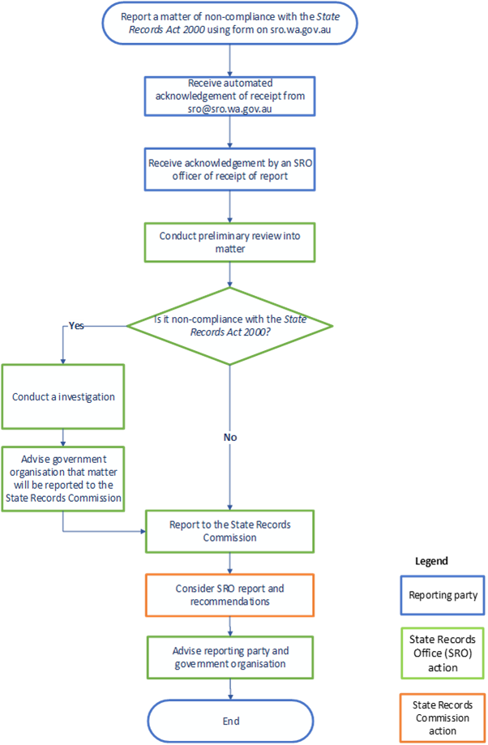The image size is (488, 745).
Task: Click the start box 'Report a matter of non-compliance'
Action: click(x=230, y=23)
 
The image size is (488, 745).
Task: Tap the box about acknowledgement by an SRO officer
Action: click(x=230, y=169)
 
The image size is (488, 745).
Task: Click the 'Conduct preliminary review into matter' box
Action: click(x=230, y=243)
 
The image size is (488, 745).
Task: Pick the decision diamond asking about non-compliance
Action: click(x=230, y=325)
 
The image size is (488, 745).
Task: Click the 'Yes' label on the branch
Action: click(x=76, y=326)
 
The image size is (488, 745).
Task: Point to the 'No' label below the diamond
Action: click(x=230, y=437)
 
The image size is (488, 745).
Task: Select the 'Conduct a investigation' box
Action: click(x=63, y=396)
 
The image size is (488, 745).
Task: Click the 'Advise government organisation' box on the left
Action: click(x=63, y=479)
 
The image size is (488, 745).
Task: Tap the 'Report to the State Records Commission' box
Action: click(x=230, y=530)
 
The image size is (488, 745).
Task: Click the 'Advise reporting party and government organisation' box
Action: click(x=230, y=657)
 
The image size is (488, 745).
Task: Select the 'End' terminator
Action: click(x=230, y=720)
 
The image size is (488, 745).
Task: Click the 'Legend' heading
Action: click(x=431, y=560)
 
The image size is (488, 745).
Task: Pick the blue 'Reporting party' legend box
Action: click(x=443, y=595)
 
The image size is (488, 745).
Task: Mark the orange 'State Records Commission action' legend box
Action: click(x=443, y=718)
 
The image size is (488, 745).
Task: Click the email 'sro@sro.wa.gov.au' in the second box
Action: click(x=230, y=109)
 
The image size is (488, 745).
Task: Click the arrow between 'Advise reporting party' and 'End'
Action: click(x=231, y=687)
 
